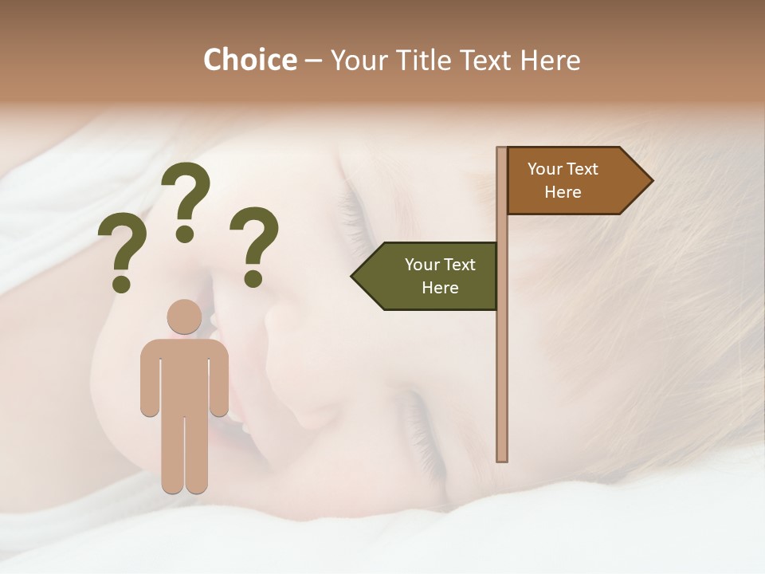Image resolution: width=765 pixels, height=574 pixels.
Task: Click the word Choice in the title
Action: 249,61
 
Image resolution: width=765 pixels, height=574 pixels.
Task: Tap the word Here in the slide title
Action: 550,61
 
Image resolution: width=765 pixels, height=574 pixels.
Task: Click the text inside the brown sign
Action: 563,181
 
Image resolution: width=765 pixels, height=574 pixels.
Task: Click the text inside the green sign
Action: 440,276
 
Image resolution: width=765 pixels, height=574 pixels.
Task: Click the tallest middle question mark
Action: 186,195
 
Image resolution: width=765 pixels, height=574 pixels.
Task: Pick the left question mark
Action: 122,247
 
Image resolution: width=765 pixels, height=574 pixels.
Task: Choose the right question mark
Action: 255,239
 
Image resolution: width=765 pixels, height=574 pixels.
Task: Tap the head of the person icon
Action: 184,317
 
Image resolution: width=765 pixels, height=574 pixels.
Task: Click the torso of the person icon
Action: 184,375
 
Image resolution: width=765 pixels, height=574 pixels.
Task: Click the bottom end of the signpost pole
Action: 502,458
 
